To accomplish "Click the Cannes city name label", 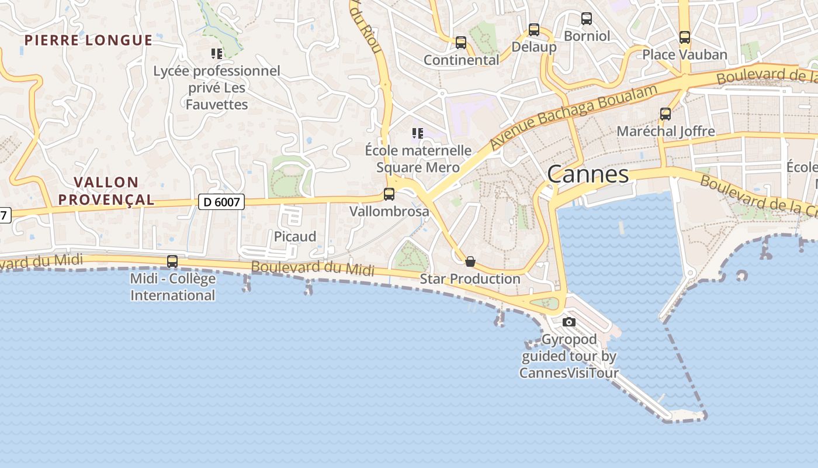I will tap(588, 174).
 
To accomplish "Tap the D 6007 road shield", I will tap(221, 202).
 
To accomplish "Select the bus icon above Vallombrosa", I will tap(389, 194).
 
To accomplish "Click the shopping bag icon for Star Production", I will tap(470, 261).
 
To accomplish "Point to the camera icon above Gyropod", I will tap(569, 322).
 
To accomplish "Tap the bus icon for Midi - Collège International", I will tap(172, 261).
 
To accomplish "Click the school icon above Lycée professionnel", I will tap(217, 54).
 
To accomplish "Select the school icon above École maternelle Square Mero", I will tap(417, 133).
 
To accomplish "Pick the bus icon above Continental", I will tap(461, 43).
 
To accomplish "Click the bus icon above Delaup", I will tap(534, 30).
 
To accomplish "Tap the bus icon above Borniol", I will tap(587, 19).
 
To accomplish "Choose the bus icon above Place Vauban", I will tap(685, 37).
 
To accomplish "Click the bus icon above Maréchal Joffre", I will tap(666, 114).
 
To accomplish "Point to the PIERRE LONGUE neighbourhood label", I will tap(89, 40).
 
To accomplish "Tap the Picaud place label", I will tap(295, 236).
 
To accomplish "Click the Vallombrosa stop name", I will tap(389, 211).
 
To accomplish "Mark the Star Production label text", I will tap(470, 279).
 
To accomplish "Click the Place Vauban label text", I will tap(685, 54).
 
